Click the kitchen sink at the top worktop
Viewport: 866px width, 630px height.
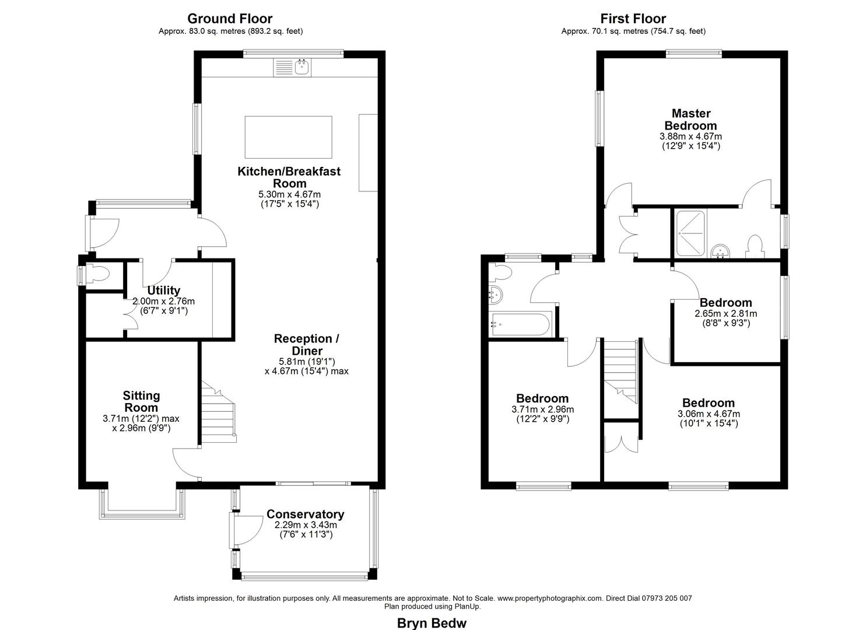301,67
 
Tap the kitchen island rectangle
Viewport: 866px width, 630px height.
288,136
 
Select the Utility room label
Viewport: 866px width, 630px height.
163,290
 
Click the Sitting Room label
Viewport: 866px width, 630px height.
141,402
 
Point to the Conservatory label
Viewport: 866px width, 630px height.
305,514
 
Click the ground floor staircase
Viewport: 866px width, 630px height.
218,411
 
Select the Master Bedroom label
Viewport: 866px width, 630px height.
690,119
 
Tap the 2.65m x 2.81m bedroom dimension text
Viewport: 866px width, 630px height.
725,313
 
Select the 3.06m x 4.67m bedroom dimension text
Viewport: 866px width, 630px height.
708,414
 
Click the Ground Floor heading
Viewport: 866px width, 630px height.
230,19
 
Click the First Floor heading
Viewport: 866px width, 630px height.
633,19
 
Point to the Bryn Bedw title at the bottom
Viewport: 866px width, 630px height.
432,623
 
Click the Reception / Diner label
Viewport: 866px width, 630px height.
307,345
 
